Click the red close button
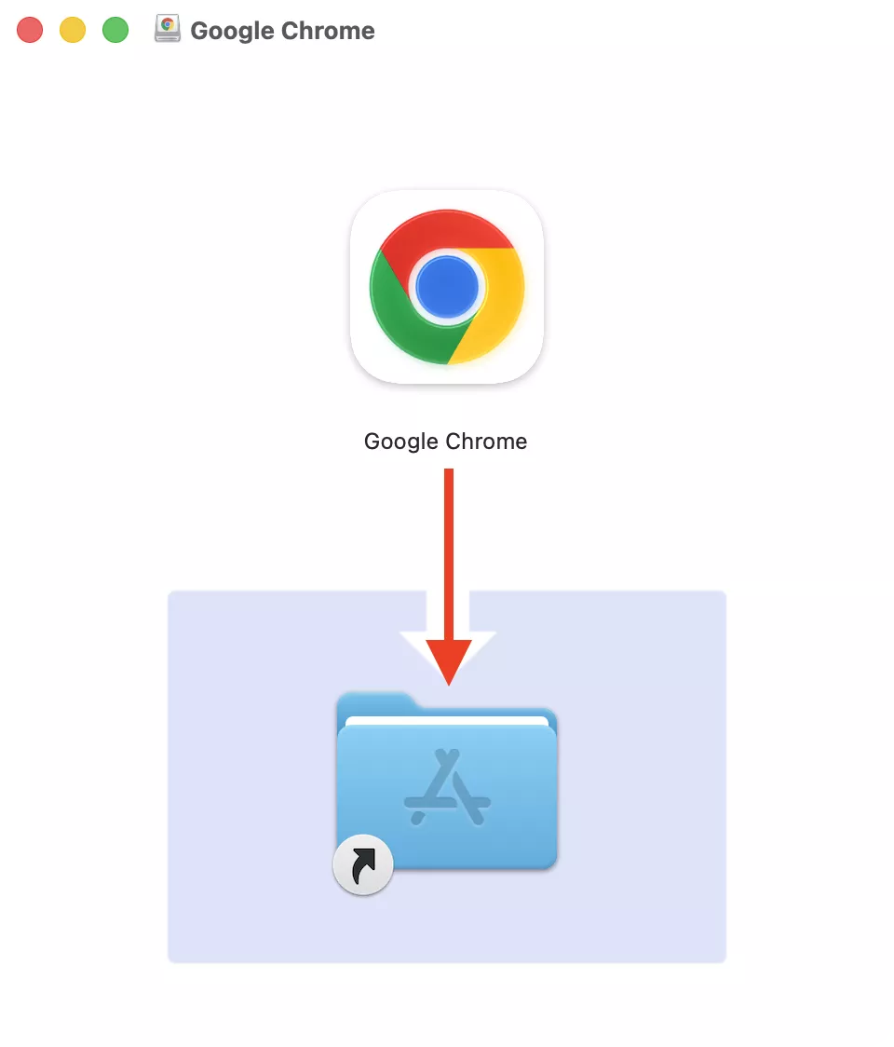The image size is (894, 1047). tap(30, 30)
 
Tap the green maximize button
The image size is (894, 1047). tap(115, 30)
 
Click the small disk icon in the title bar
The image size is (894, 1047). tap(168, 30)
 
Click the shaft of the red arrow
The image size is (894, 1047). tap(449, 550)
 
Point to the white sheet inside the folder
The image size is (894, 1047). tap(447, 720)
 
